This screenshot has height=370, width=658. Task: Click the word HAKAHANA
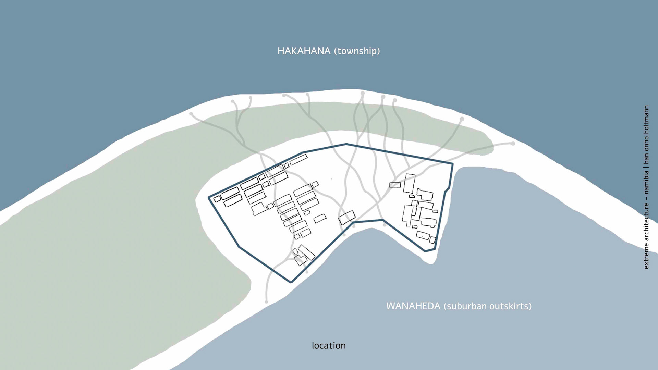click(304, 51)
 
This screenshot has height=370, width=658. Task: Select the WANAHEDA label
click(413, 306)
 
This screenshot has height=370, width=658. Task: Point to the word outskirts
click(510, 306)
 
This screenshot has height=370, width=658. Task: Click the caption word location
click(329, 345)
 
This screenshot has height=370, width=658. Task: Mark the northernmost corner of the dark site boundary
click(346, 144)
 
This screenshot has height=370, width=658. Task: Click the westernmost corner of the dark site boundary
click(209, 198)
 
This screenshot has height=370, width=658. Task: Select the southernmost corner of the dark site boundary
click(291, 282)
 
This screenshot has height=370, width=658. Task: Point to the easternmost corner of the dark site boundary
click(452, 164)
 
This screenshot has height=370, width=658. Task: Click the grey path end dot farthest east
click(513, 144)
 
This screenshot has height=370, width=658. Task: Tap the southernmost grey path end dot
click(266, 302)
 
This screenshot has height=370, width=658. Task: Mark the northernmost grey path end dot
click(363, 93)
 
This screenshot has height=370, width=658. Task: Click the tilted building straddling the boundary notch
click(347, 217)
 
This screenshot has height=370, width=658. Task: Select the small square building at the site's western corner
click(217, 199)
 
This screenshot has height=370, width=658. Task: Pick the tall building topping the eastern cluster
click(409, 183)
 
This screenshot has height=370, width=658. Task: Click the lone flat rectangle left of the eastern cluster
click(395, 185)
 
